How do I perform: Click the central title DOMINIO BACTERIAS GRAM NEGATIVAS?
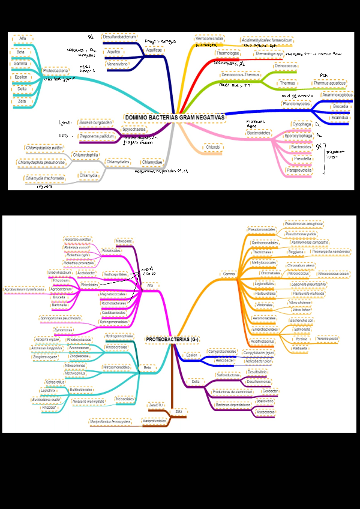coord(173,117)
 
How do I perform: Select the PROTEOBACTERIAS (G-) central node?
coord(172,339)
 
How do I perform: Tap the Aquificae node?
coord(154,50)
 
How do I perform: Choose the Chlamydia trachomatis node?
coord(45,178)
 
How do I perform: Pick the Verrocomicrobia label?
coord(209,38)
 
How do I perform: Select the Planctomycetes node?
coord(296,104)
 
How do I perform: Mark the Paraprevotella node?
coord(299,170)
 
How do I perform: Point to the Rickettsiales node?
coord(111,250)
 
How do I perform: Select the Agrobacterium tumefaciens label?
coord(25,289)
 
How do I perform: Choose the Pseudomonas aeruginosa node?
coord(304,224)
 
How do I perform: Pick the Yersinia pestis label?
coord(328,339)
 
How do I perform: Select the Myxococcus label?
coord(265,412)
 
